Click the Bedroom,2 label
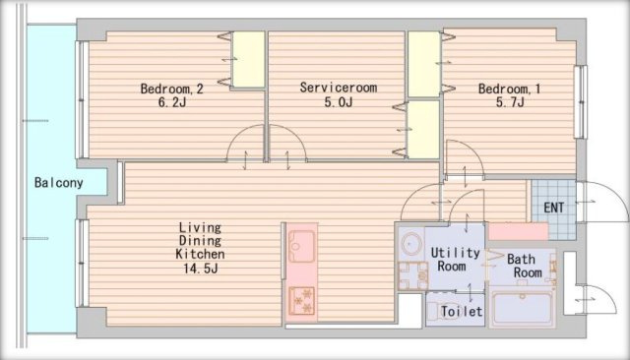click(x=171, y=89)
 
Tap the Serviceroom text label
click(x=339, y=88)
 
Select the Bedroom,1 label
click(x=509, y=89)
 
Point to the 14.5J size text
click(x=201, y=269)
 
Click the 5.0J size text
click(x=339, y=102)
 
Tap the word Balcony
click(x=59, y=183)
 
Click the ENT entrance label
click(x=553, y=208)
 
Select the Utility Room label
click(x=455, y=260)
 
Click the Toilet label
click(x=462, y=311)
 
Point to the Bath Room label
click(x=524, y=266)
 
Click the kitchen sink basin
click(x=302, y=246)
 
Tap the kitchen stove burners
click(x=302, y=301)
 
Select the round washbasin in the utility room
click(x=411, y=244)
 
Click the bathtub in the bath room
click(x=523, y=308)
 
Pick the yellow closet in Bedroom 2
click(x=249, y=59)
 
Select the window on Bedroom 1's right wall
click(x=580, y=102)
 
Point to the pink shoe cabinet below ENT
click(x=518, y=231)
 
